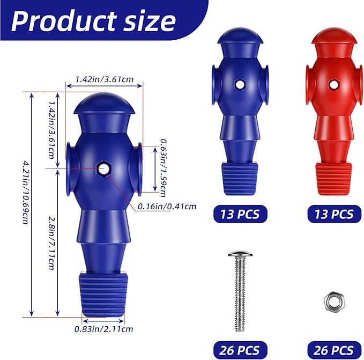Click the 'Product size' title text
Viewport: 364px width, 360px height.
(94, 21)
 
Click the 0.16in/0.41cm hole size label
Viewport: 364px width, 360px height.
(168, 206)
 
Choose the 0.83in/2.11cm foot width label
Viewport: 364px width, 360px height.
(104, 329)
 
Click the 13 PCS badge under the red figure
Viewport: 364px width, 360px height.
(331, 214)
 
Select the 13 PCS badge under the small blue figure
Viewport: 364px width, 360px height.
(240, 214)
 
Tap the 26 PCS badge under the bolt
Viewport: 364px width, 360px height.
(240, 350)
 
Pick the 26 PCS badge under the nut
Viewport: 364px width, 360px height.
(331, 350)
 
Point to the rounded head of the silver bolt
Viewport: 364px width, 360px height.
(240, 254)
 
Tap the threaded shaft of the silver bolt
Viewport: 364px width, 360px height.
(240, 292)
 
